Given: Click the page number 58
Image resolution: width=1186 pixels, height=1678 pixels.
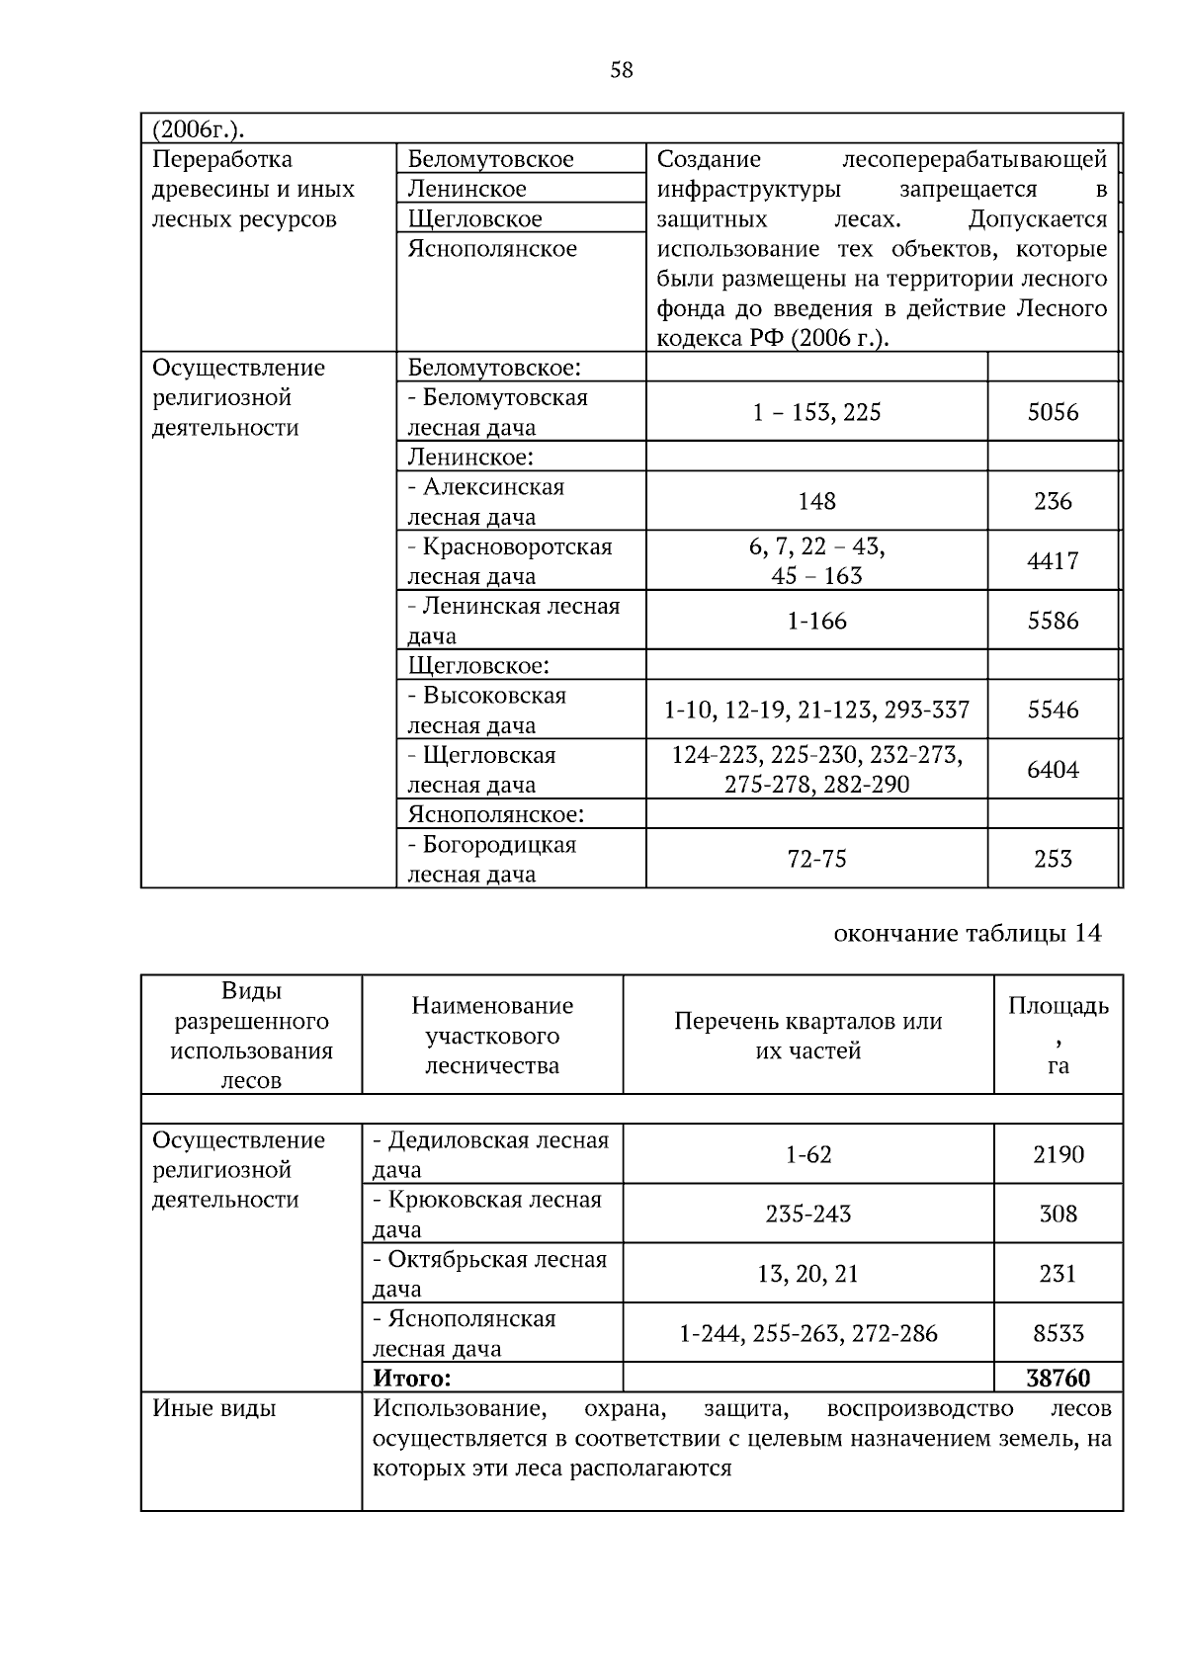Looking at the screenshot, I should [622, 70].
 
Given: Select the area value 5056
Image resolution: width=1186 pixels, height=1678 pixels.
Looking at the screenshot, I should [1053, 412].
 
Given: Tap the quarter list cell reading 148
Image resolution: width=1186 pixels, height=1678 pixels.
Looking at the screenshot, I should [816, 501].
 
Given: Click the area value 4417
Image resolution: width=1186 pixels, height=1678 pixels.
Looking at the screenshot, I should [1053, 561].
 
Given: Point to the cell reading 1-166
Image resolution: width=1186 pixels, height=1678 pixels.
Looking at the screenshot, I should [816, 621].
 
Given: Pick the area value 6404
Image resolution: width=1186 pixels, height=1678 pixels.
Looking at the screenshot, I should [1053, 770].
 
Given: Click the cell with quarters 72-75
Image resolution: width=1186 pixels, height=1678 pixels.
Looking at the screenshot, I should [816, 859].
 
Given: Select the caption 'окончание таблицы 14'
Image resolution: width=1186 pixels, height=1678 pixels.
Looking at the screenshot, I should [967, 933].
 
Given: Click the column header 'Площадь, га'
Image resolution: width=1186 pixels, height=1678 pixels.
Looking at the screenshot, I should [1058, 1035].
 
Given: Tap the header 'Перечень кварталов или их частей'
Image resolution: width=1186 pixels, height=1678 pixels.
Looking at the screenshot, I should [807, 1036].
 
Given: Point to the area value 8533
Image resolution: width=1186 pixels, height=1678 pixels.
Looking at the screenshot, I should [1058, 1333].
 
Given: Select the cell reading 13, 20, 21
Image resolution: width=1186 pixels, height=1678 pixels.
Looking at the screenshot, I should [807, 1274].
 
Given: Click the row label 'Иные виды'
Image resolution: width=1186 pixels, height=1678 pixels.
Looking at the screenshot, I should [213, 1408].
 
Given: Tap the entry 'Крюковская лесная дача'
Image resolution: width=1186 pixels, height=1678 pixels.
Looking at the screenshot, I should [487, 1214].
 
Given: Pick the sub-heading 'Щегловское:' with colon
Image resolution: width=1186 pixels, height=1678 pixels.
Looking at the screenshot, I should [478, 665].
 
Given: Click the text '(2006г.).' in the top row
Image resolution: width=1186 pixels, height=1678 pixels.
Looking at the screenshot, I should [198, 129].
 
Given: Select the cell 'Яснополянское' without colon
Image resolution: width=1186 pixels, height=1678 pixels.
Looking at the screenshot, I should [492, 249].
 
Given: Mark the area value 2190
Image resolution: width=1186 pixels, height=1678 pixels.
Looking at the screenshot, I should [1058, 1154].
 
